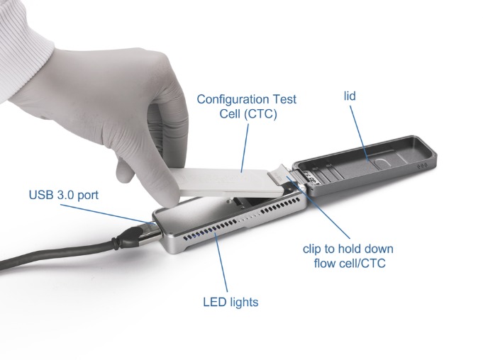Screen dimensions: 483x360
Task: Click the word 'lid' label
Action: click(350, 96)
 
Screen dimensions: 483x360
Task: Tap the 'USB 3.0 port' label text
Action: click(64, 195)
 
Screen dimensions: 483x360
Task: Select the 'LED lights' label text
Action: click(231, 302)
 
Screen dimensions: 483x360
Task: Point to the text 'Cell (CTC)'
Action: click(248, 114)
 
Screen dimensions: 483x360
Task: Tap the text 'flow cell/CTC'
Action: click(350, 263)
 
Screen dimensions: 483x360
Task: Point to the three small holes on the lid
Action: click(422, 166)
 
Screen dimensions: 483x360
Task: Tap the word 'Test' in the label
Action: click(284, 99)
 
